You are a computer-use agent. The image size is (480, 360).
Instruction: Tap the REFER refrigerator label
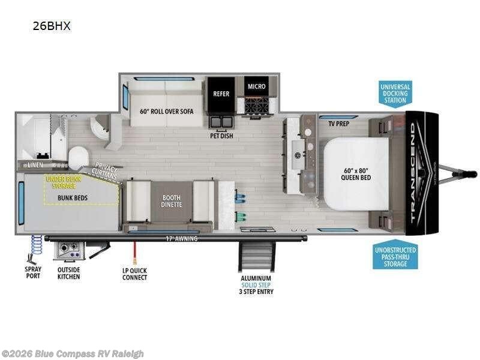pos(221,94)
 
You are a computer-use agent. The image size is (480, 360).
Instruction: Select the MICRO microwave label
pos(256,86)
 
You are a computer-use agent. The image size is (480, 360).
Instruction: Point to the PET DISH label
pos(221,136)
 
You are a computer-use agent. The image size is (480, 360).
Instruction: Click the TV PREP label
pos(339,124)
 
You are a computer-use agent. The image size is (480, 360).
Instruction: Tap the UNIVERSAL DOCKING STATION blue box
pos(395,94)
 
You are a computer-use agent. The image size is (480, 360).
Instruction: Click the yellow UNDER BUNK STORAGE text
pos(65,182)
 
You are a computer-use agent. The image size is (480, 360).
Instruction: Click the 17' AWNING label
pos(182,239)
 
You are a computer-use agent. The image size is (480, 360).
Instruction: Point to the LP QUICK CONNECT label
pos(134,274)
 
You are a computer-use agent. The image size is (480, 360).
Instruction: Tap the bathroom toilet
pos(77,158)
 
